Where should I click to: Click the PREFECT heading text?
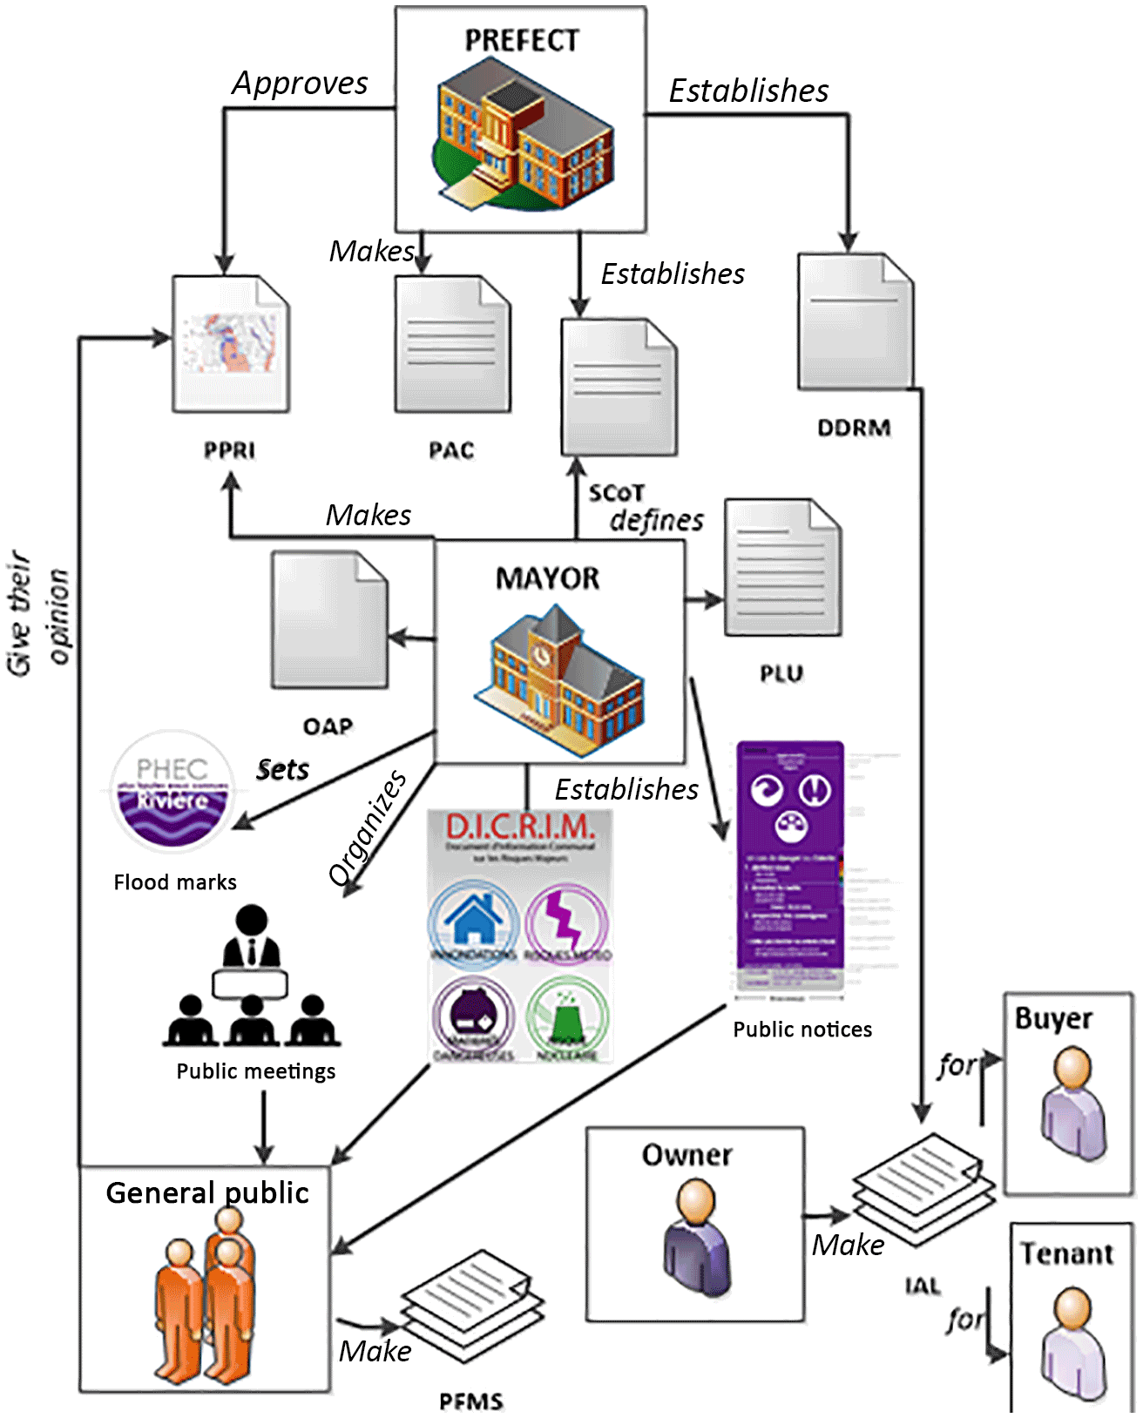521,40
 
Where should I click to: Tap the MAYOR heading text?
547,578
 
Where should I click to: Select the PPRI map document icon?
231,344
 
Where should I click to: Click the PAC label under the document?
451,450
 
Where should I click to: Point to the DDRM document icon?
855,321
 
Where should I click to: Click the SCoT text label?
615,493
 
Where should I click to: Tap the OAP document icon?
329,619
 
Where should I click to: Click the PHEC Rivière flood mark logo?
172,791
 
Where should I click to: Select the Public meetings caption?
255,1071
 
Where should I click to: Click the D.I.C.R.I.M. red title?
520,826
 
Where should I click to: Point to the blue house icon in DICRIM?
473,921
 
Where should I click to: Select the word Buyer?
1053,1018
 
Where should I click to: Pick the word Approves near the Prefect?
300,83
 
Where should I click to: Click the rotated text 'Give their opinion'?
37,614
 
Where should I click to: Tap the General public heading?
207,1192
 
